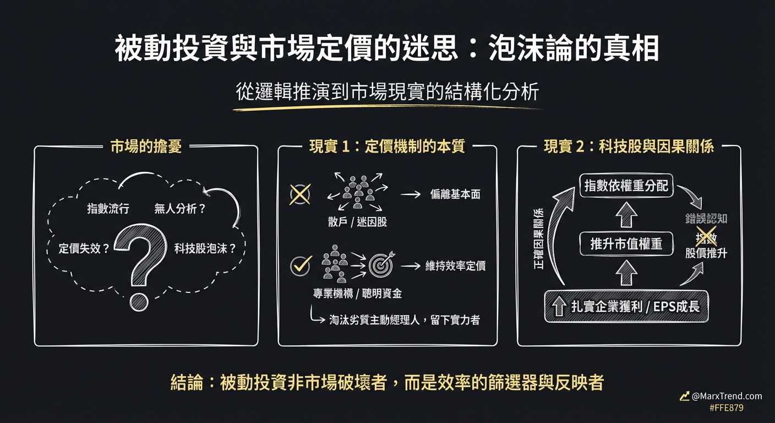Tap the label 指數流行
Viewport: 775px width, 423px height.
coord(108,209)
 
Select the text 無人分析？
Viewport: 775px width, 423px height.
coord(180,209)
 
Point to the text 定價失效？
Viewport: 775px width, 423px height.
coord(84,248)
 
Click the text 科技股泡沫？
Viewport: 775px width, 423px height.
coord(205,248)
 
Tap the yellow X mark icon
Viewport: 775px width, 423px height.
coord(299,194)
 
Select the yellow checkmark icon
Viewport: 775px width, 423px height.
coord(301,265)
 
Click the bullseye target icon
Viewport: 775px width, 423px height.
coord(381,265)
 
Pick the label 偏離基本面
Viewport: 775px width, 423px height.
coord(455,194)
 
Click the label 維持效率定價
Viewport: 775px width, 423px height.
coord(455,266)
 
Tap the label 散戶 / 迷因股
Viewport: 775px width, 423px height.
coord(357,221)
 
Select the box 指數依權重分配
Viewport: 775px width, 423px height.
coord(626,186)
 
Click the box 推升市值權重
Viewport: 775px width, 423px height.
coord(626,243)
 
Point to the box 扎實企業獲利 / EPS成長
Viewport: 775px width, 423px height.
coord(626,306)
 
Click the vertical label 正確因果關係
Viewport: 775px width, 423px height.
coord(539,240)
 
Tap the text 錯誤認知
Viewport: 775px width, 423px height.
coord(706,218)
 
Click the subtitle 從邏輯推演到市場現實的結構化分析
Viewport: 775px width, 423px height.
coord(387,92)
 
